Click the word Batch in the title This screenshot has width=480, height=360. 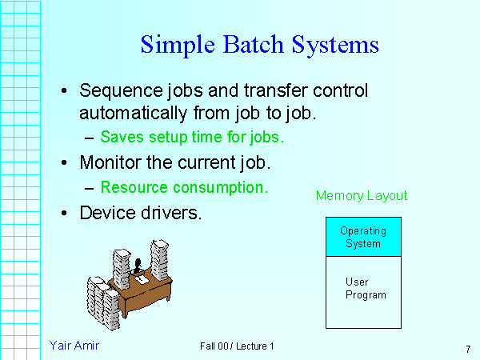(x=238, y=44)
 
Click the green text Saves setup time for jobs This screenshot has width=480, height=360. (x=192, y=138)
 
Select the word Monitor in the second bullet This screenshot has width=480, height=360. (x=109, y=163)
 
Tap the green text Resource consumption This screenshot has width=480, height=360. (x=184, y=188)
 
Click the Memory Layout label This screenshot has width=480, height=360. (x=362, y=196)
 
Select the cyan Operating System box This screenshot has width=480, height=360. (x=363, y=237)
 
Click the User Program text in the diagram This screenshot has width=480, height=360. (x=366, y=289)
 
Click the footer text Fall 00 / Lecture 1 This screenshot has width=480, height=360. (x=238, y=346)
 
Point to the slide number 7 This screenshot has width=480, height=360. (x=466, y=349)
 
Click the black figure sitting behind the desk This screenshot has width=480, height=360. (x=138, y=264)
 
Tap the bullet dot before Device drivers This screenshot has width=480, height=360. (x=64, y=214)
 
